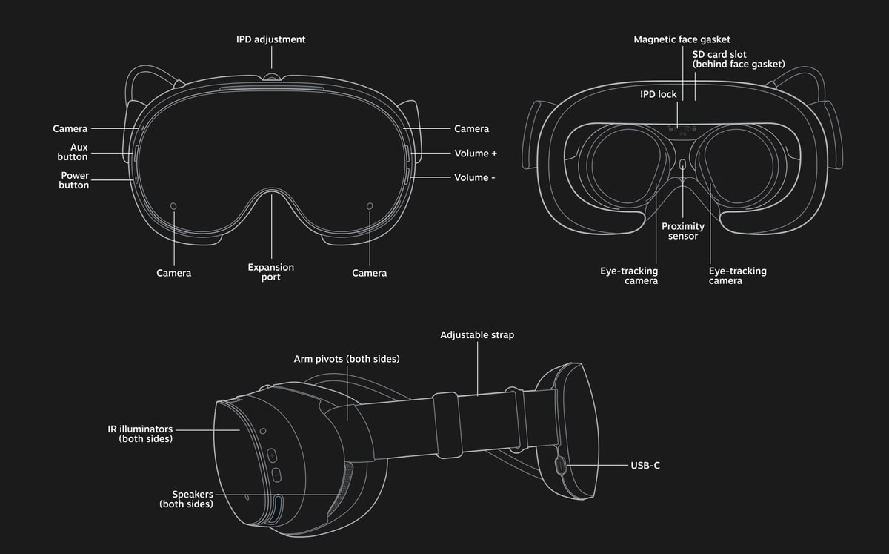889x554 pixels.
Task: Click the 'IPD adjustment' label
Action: coord(270,39)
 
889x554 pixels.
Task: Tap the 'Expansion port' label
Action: coord(271,272)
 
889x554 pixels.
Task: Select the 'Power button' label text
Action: coord(74,180)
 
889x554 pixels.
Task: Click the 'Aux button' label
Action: coord(73,152)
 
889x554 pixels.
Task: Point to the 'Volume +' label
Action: coord(476,154)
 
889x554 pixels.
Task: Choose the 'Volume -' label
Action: coord(475,177)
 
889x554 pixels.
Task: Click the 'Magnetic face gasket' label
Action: coord(682,39)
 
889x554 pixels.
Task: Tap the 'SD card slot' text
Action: coord(719,54)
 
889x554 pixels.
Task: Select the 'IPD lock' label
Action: coord(658,94)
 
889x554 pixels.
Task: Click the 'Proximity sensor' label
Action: coord(682,231)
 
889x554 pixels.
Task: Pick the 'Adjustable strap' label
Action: coord(477,335)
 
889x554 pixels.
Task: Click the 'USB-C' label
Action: coord(645,466)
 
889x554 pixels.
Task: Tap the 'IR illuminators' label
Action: coord(140,429)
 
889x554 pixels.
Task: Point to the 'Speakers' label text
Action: coord(193,495)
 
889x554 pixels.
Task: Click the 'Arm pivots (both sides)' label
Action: coord(347,359)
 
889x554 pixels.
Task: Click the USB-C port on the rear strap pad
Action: coord(560,466)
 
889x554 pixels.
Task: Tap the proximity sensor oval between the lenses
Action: coord(682,164)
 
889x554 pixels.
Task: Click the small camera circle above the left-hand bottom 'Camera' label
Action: coord(173,206)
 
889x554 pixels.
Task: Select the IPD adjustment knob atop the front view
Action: coord(271,76)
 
